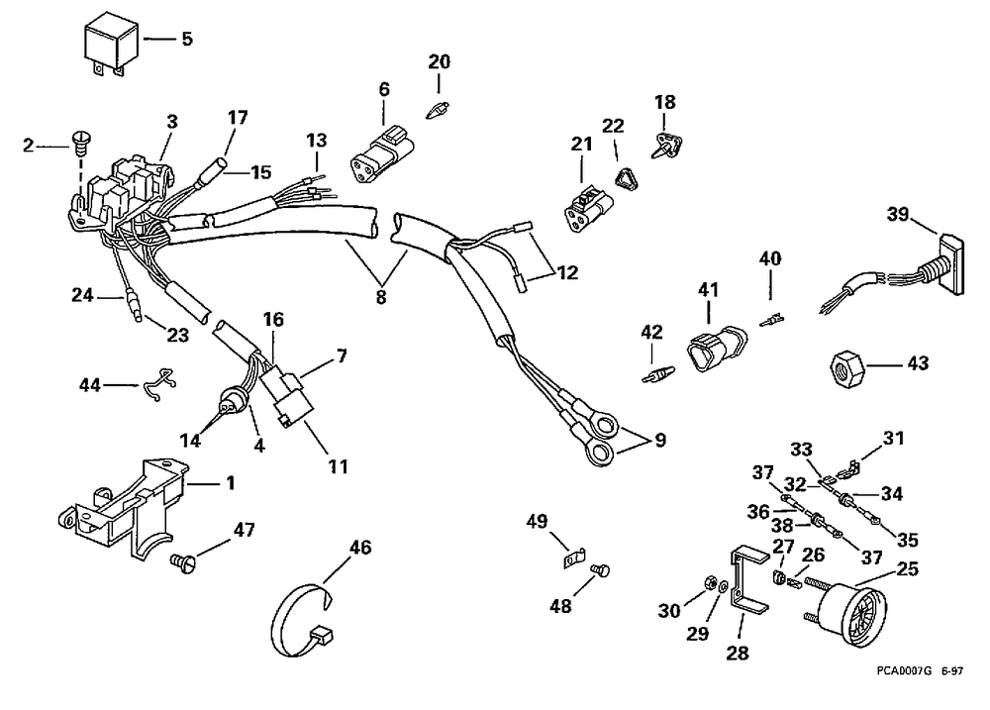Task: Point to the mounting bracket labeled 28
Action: click(x=748, y=581)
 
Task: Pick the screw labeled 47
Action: click(x=184, y=560)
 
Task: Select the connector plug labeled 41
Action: click(x=717, y=348)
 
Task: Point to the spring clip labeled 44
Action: click(x=158, y=384)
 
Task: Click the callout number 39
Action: click(x=897, y=214)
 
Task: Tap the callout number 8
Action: click(x=381, y=297)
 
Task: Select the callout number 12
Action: click(x=567, y=273)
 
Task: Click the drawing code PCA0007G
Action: click(x=904, y=670)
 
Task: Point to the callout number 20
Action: click(x=440, y=62)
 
